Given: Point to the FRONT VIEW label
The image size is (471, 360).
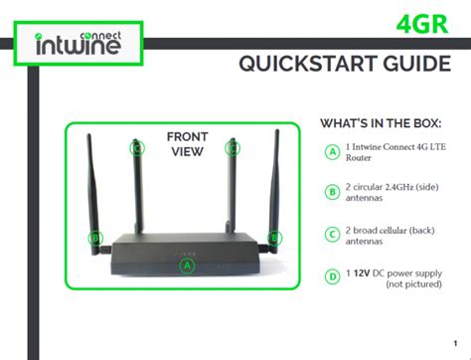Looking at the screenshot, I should pyautogui.click(x=185, y=144).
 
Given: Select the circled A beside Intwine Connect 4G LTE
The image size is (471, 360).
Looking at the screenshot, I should pyautogui.click(x=332, y=151).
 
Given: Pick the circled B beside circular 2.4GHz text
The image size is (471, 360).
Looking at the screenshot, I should pyautogui.click(x=332, y=192).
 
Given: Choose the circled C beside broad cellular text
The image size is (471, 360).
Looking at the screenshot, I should pyautogui.click(x=332, y=234).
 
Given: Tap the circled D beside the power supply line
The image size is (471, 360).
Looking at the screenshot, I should pyautogui.click(x=332, y=276).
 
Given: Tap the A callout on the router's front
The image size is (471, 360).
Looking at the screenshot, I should pyautogui.click(x=186, y=265).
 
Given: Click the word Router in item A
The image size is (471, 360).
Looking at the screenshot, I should pyautogui.click(x=368, y=159).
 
